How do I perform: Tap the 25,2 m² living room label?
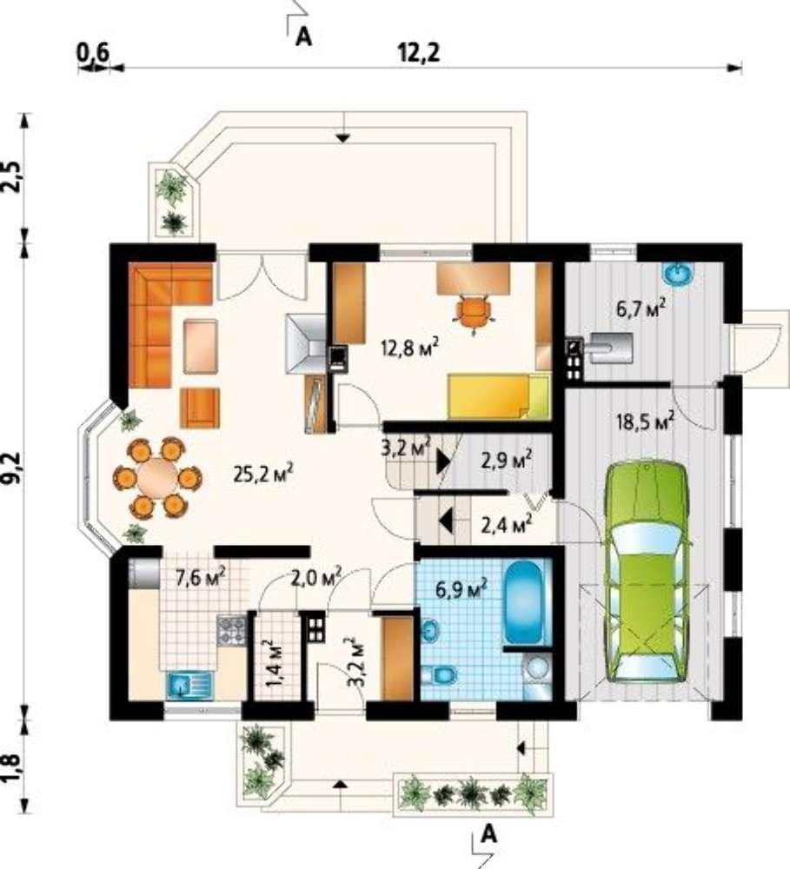tap(263, 474)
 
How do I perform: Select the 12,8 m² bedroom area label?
tap(410, 348)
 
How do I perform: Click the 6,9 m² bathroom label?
tap(461, 588)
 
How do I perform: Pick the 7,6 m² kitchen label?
tap(200, 578)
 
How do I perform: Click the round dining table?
tap(157, 477)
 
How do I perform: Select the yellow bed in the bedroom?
tap(499, 396)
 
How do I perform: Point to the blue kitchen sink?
tap(189, 685)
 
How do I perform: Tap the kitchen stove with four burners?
tap(232, 630)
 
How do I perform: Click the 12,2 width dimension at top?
tap(419, 53)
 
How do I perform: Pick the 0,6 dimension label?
tap(93, 53)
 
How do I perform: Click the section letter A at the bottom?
tap(488, 833)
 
